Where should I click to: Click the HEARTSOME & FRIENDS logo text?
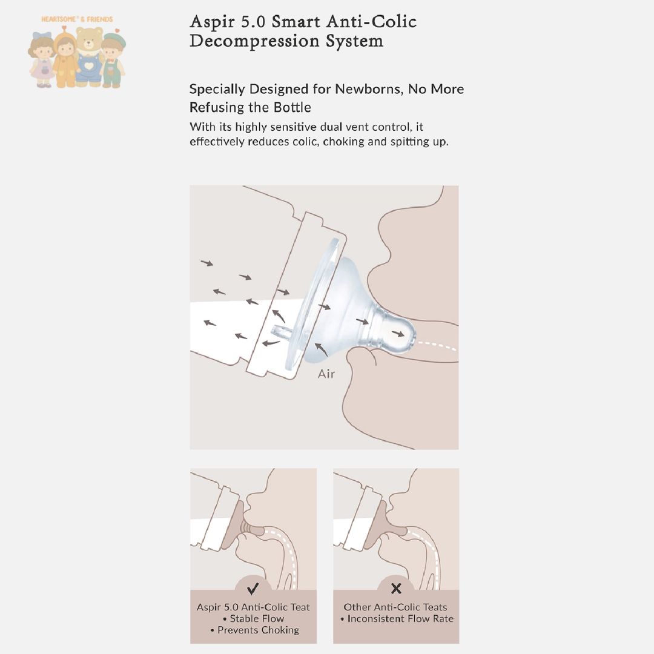pos(77,19)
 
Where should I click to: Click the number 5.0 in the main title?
pos(253,22)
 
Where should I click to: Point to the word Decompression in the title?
pos(254,41)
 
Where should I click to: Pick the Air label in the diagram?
pos(326,374)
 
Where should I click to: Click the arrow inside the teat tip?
pos(398,334)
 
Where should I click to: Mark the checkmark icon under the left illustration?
pos(253,589)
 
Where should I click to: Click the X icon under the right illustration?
pos(396,589)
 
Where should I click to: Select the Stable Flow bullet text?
pos(254,618)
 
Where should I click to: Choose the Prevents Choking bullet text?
pos(255,630)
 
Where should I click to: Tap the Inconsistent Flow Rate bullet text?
pos(397,618)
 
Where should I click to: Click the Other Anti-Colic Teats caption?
pos(395,607)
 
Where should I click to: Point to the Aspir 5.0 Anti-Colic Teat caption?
pos(253,607)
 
